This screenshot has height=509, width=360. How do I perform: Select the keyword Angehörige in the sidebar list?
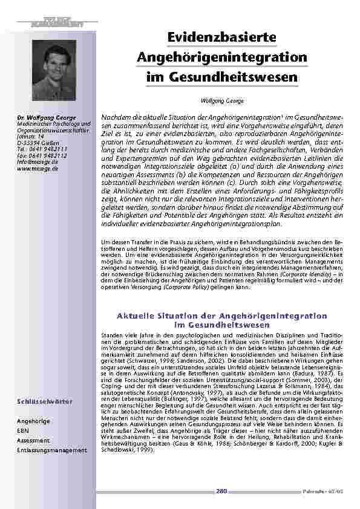(x=34, y=420)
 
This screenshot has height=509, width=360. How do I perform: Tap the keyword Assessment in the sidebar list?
(x=33, y=440)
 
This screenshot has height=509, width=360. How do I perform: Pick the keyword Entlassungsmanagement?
(x=52, y=450)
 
